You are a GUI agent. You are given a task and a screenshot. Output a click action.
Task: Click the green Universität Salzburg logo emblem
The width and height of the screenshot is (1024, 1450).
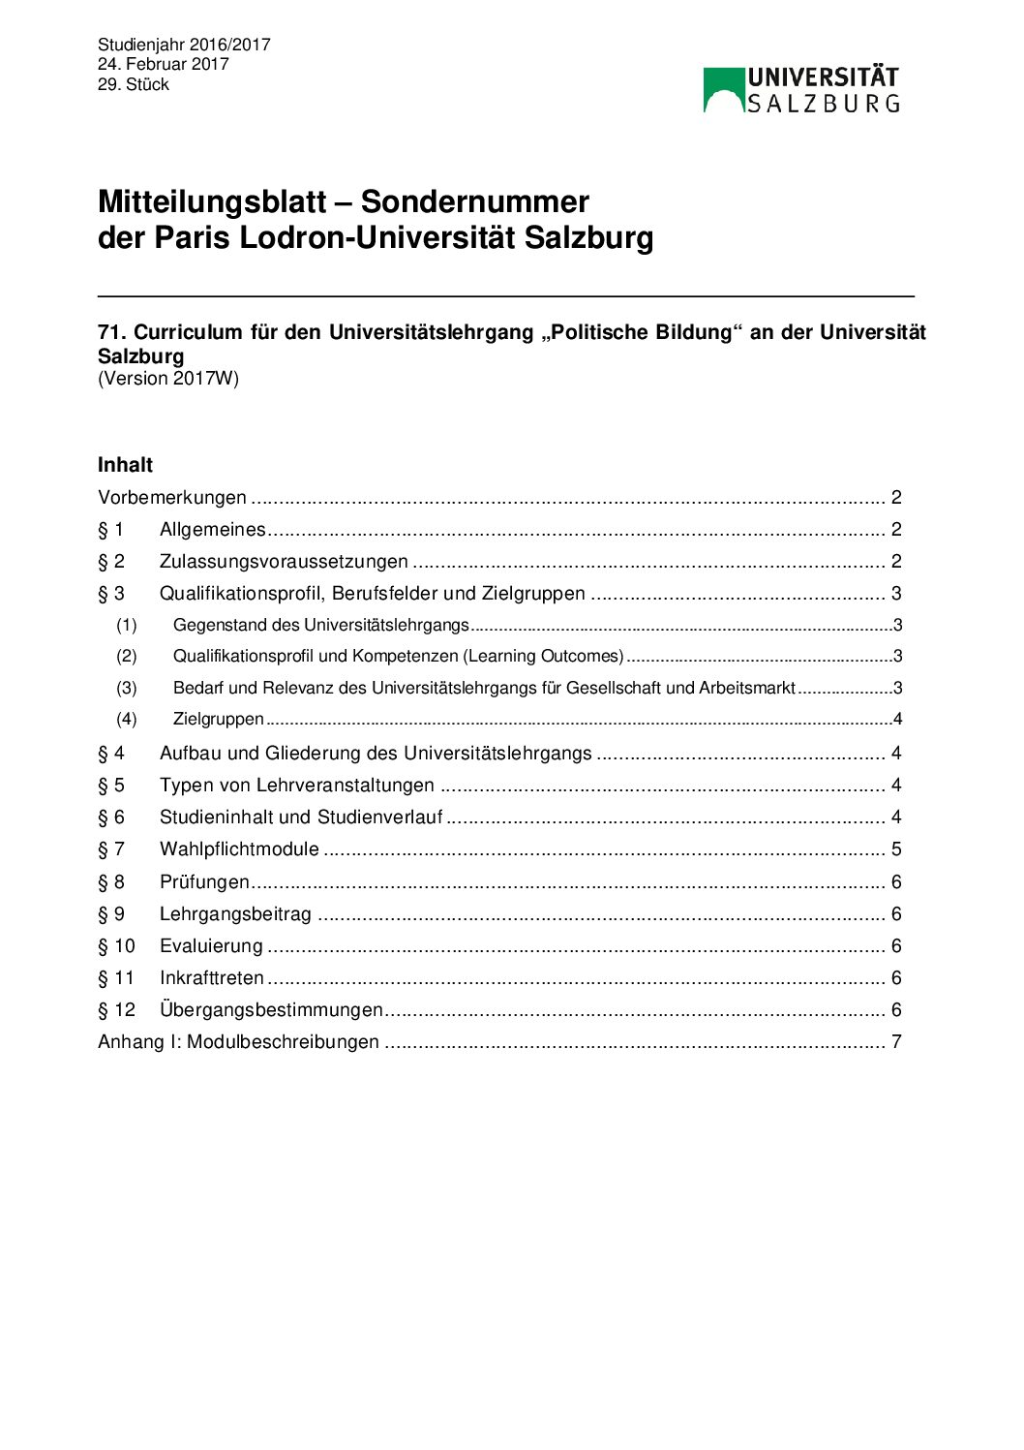[x=723, y=89]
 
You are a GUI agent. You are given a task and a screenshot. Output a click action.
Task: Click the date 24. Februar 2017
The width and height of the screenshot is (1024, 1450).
[x=163, y=64]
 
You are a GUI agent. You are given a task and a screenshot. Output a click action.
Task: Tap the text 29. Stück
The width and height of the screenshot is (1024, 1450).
[x=133, y=84]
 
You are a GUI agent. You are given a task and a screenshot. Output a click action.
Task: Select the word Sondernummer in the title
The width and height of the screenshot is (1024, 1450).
[x=474, y=201]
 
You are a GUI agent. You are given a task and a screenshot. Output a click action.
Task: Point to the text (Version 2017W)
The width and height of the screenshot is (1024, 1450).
[x=167, y=379]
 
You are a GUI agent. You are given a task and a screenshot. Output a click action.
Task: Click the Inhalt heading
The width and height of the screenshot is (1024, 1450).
[x=125, y=465]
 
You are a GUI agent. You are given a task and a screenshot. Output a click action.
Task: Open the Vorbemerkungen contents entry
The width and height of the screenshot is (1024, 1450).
[x=172, y=498]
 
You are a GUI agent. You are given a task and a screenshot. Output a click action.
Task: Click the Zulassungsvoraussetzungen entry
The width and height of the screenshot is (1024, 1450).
[x=284, y=562]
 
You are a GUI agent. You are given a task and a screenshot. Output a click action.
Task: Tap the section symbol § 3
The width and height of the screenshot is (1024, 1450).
[x=111, y=594]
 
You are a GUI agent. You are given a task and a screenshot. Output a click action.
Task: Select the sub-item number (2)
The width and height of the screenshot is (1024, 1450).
[x=127, y=656]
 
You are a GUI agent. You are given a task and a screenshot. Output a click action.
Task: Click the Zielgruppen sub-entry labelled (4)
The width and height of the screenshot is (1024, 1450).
[x=219, y=719]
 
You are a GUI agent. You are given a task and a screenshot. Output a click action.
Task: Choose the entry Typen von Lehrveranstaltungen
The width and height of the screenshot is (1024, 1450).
[x=296, y=786]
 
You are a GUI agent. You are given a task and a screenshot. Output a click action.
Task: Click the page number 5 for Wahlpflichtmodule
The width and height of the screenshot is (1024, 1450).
[x=896, y=849]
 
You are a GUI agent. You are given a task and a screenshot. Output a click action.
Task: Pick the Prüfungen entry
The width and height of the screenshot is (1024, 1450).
[x=204, y=882]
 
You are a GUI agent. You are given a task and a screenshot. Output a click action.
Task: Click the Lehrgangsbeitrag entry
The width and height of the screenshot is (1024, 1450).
[x=235, y=914]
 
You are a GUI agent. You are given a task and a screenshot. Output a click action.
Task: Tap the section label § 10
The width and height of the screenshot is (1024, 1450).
[x=116, y=946]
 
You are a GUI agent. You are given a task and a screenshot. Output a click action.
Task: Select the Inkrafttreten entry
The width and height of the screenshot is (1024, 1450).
[x=212, y=978]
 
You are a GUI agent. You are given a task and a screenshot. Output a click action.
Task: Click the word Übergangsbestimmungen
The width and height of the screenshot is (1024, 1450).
[x=271, y=1010]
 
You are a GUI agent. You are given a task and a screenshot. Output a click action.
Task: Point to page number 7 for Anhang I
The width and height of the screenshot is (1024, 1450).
[x=896, y=1042]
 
